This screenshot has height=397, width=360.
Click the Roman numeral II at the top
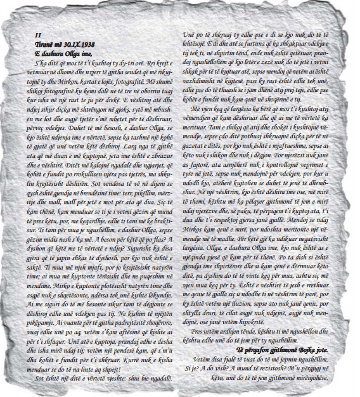(38, 36)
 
